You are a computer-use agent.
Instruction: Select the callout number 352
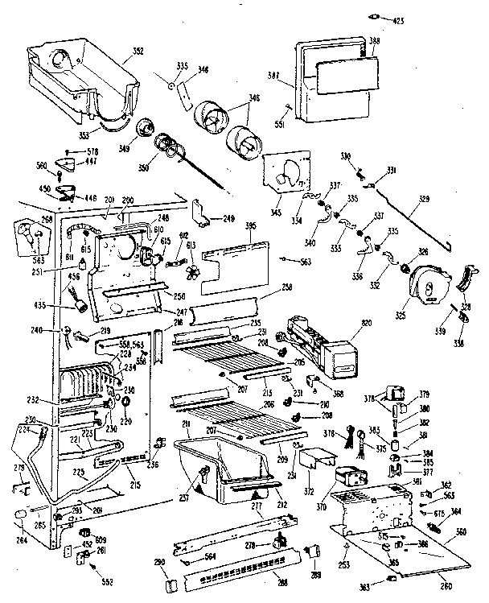pyautogui.click(x=138, y=52)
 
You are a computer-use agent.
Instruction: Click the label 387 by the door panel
pyautogui.click(x=273, y=76)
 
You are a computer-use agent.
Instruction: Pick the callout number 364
pyautogui.click(x=455, y=511)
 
